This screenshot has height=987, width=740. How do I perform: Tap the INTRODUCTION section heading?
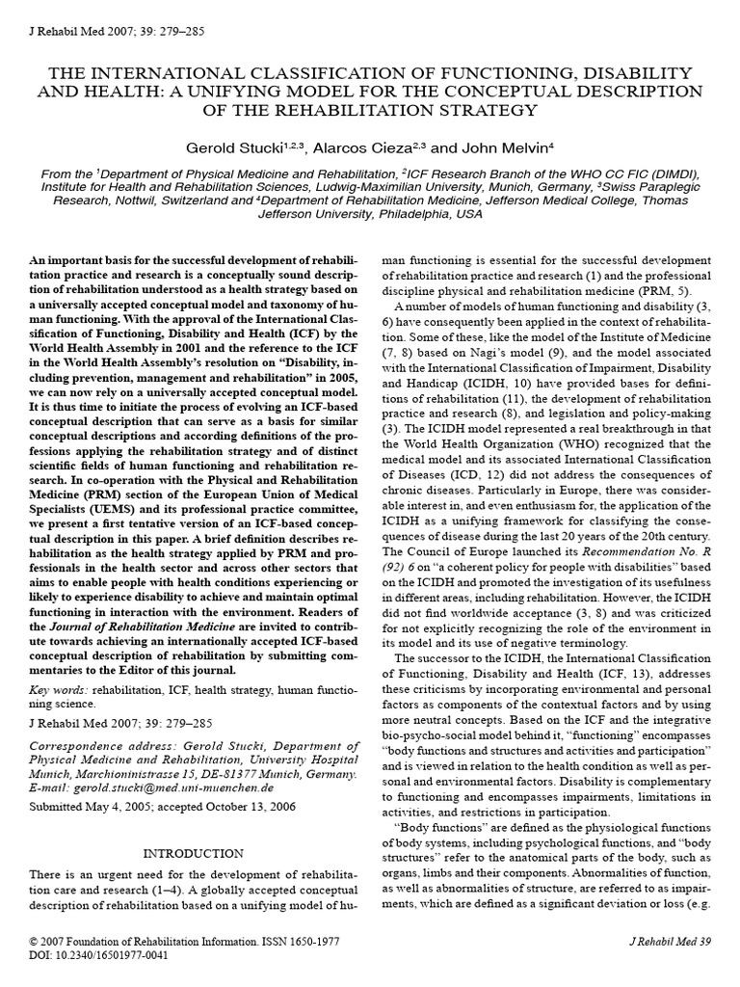tap(193, 853)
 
